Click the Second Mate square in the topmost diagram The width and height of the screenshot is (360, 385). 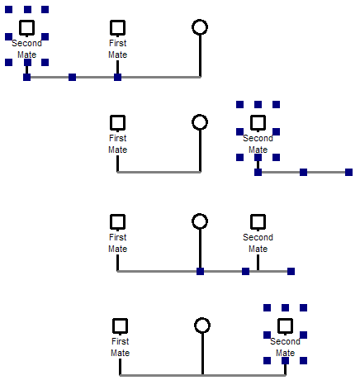(x=26, y=27)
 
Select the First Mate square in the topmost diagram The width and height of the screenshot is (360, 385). (x=117, y=27)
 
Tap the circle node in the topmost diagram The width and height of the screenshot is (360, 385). (x=199, y=27)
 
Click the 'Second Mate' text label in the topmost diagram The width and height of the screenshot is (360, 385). (x=26, y=49)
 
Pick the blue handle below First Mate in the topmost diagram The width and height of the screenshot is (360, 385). (x=117, y=77)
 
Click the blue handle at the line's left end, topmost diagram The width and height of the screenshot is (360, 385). (x=26, y=77)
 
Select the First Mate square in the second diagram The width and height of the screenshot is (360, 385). (x=117, y=122)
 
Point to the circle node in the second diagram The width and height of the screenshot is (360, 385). (x=199, y=122)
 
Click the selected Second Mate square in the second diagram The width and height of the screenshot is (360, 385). (x=258, y=122)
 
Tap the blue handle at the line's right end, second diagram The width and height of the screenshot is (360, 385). (x=348, y=172)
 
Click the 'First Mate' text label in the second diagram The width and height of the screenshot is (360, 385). (x=117, y=144)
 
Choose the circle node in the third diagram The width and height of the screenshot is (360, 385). (x=199, y=221)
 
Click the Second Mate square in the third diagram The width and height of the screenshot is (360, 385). (x=258, y=221)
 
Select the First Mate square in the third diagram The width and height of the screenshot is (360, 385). (x=117, y=221)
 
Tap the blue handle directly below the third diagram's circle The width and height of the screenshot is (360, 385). (x=200, y=271)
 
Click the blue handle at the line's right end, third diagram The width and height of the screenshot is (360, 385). (x=291, y=271)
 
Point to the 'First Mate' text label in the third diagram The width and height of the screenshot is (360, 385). (x=117, y=243)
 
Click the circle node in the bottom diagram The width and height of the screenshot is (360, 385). (x=202, y=325)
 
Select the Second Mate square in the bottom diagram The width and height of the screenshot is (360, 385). (x=285, y=325)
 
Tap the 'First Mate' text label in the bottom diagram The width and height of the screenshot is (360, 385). (x=120, y=347)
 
